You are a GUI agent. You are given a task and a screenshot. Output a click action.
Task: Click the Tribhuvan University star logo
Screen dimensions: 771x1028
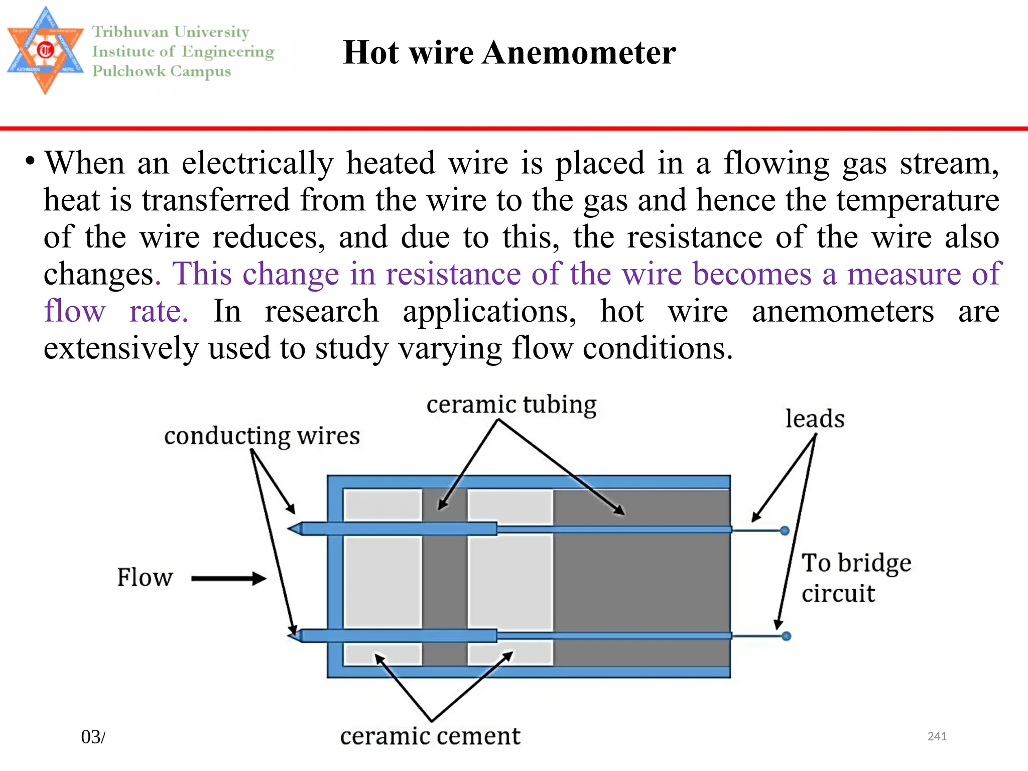pos(45,50)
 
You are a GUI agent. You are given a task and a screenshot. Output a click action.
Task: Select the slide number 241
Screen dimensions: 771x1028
pos(937,736)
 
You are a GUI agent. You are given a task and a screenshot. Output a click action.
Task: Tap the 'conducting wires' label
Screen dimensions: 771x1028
pos(262,436)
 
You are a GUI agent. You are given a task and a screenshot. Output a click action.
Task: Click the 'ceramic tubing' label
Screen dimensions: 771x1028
pos(511,405)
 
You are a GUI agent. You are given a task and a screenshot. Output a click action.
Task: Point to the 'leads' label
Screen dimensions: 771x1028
pos(815,419)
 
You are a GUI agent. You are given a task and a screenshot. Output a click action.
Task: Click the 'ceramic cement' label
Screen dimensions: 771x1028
pos(430,736)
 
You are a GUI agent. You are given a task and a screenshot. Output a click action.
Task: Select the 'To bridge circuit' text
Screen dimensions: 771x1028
pos(855,578)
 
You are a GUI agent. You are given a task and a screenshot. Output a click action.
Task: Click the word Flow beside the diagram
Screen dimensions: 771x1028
pos(145,578)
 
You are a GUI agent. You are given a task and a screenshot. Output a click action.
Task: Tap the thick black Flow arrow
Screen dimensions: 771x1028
pos(228,579)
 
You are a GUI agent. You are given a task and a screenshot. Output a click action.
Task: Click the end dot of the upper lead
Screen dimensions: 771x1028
pos(785,531)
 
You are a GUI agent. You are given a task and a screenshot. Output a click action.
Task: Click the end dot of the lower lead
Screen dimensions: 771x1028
pos(786,636)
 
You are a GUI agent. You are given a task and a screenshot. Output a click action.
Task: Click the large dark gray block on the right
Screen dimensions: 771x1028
pos(642,582)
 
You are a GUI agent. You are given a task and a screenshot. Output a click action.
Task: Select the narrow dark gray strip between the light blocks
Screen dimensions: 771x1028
pos(444,582)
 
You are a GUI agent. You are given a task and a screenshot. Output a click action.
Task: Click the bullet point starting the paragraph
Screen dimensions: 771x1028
pos(31,162)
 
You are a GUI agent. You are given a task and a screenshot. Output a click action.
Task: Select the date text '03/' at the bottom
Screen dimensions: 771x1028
pos(93,737)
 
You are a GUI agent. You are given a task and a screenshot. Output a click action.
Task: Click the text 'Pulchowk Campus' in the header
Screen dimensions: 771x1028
pos(161,71)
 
